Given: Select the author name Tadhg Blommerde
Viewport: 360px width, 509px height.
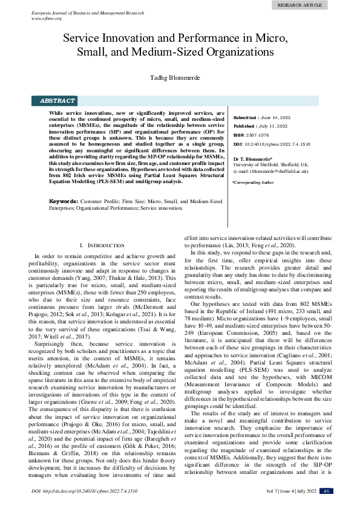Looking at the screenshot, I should [179, 78].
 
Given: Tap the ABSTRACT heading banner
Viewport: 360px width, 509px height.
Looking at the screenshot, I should [57, 101].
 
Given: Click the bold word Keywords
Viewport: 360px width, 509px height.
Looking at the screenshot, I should [64, 201].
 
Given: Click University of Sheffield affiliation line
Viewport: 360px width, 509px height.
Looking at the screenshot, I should [262, 164].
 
